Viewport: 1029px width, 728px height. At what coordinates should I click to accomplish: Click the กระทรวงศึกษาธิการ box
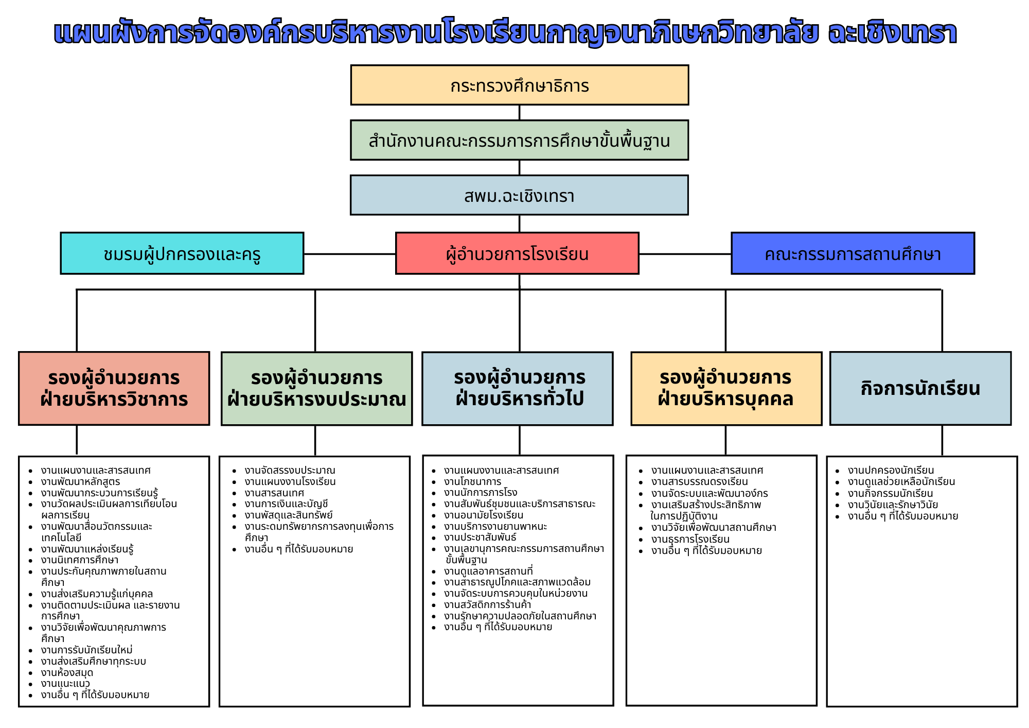tap(519, 85)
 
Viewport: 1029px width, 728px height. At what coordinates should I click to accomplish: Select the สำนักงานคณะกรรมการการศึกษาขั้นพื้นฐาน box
tap(519, 140)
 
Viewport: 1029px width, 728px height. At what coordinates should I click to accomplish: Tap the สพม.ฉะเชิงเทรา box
tap(519, 195)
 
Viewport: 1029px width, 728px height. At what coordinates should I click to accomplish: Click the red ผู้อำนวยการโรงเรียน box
tap(517, 253)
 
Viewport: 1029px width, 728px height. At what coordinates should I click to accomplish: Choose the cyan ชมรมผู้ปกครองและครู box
tap(182, 253)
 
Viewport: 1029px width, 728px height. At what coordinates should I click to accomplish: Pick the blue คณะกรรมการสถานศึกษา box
tap(853, 253)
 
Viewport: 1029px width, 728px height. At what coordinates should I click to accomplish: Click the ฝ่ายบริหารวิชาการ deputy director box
tap(114, 388)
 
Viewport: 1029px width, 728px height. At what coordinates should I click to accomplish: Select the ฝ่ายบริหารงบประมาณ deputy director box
tap(316, 388)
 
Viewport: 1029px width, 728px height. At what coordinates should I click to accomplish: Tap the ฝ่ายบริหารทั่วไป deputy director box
tap(517, 388)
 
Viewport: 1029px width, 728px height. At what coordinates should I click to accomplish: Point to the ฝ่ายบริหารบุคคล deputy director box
tap(726, 388)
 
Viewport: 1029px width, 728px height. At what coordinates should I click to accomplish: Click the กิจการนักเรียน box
tap(920, 388)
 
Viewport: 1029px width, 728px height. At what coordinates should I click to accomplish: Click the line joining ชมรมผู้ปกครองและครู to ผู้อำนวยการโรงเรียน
tap(349, 254)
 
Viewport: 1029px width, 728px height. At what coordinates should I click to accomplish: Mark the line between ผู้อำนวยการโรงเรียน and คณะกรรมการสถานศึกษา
tap(685, 254)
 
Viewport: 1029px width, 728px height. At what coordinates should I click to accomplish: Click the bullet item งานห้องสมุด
tap(67, 672)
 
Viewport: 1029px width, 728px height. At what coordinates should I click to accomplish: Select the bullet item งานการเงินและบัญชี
tap(286, 504)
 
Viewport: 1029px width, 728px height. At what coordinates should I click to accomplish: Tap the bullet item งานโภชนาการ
tap(472, 481)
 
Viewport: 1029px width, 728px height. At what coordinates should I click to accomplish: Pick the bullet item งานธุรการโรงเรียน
tap(690, 539)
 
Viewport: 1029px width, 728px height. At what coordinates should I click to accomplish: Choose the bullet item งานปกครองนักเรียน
tap(891, 470)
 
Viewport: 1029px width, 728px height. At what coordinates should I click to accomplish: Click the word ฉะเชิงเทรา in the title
tap(892, 33)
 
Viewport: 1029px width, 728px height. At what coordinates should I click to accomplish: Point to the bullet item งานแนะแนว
tap(65, 684)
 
